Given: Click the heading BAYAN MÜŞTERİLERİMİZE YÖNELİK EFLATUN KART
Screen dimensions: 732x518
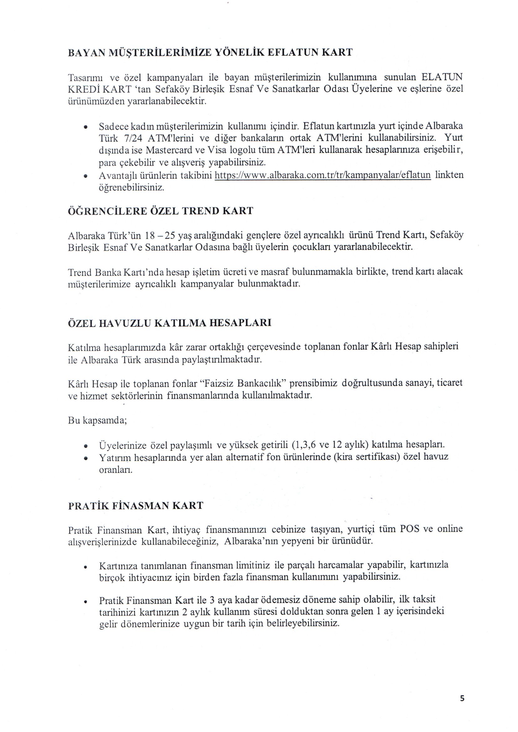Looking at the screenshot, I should pos(210,52).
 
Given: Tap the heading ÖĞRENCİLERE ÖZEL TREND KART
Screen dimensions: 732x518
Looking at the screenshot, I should pos(160,211).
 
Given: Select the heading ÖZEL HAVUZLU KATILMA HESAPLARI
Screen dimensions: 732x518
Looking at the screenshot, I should pos(170,323).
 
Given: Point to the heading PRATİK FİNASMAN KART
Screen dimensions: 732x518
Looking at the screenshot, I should pos(136,506).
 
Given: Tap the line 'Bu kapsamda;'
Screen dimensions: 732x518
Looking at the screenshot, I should pos(98,420).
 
